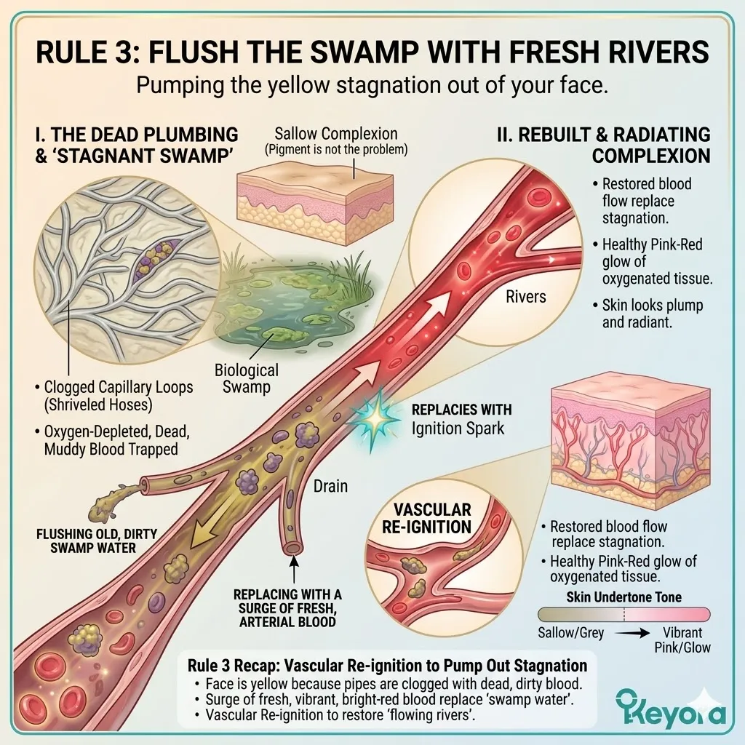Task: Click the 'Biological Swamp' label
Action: click(x=246, y=379)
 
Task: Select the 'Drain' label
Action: click(x=330, y=485)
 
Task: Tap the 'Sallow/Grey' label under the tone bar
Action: click(x=570, y=633)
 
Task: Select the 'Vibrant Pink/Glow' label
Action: click(x=683, y=640)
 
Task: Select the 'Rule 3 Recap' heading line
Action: click(x=387, y=665)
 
